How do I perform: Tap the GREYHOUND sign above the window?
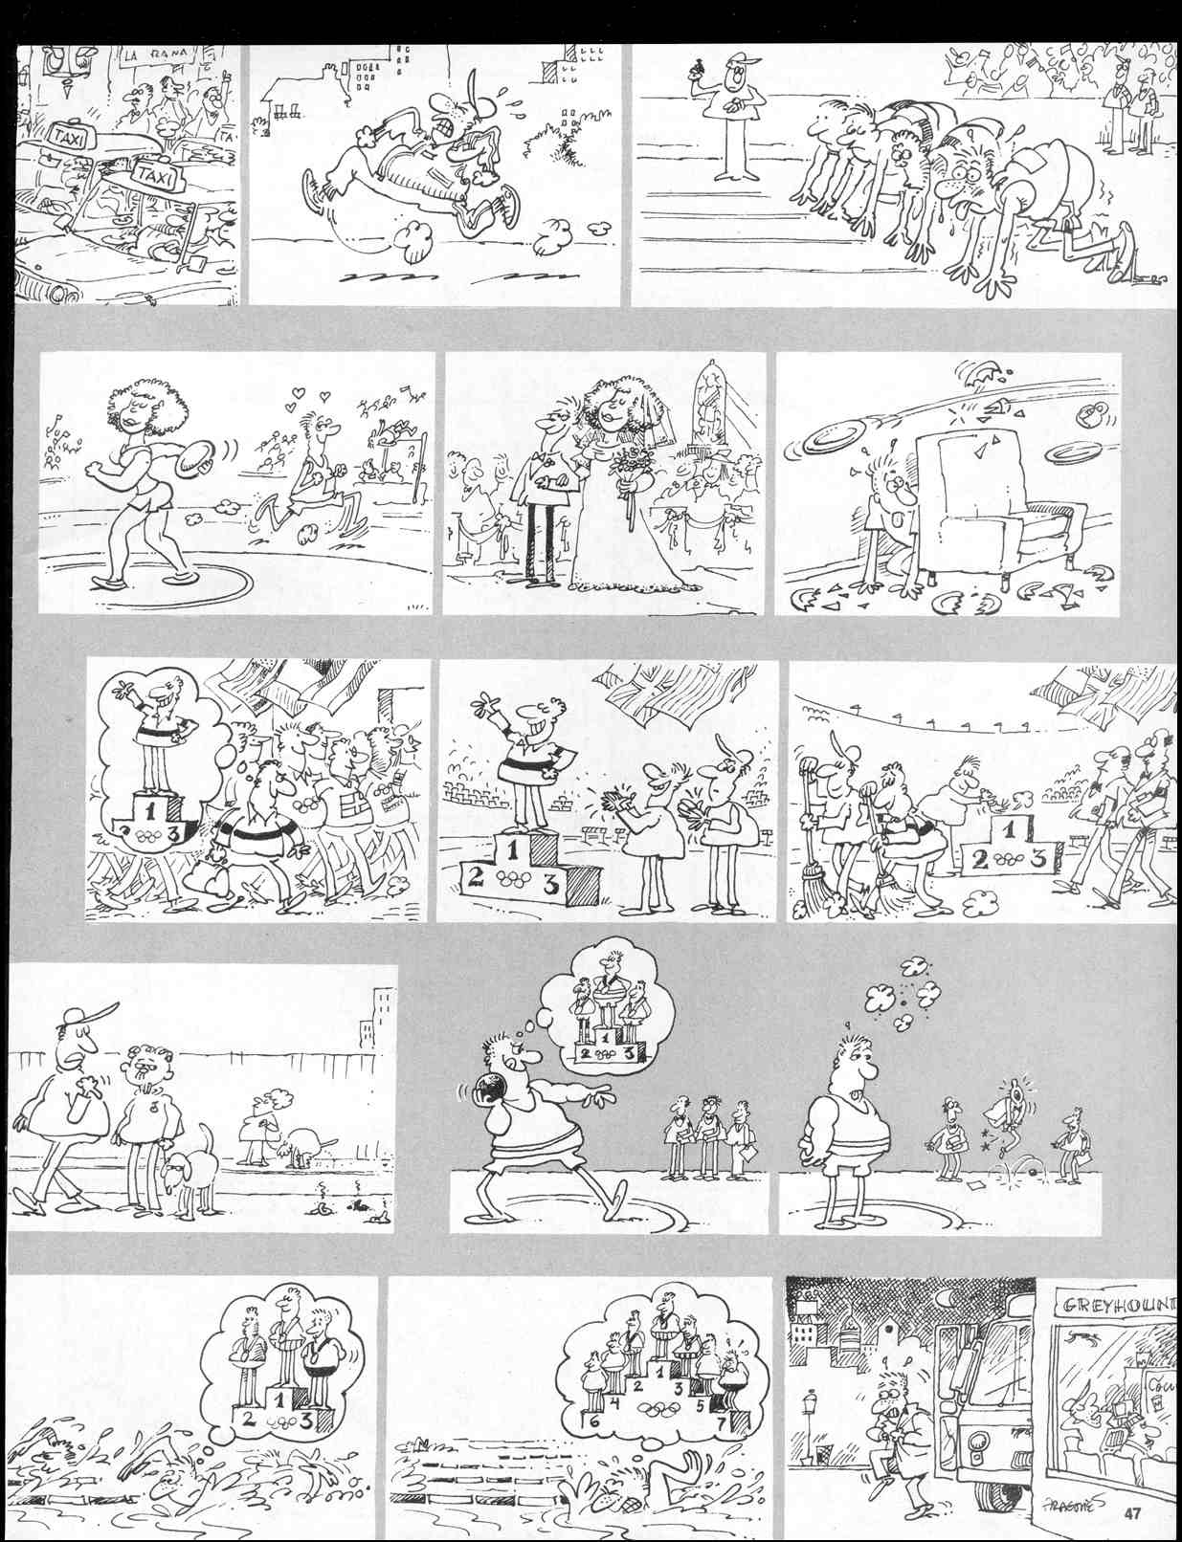tap(1115, 1306)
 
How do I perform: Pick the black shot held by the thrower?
tap(484, 1090)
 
